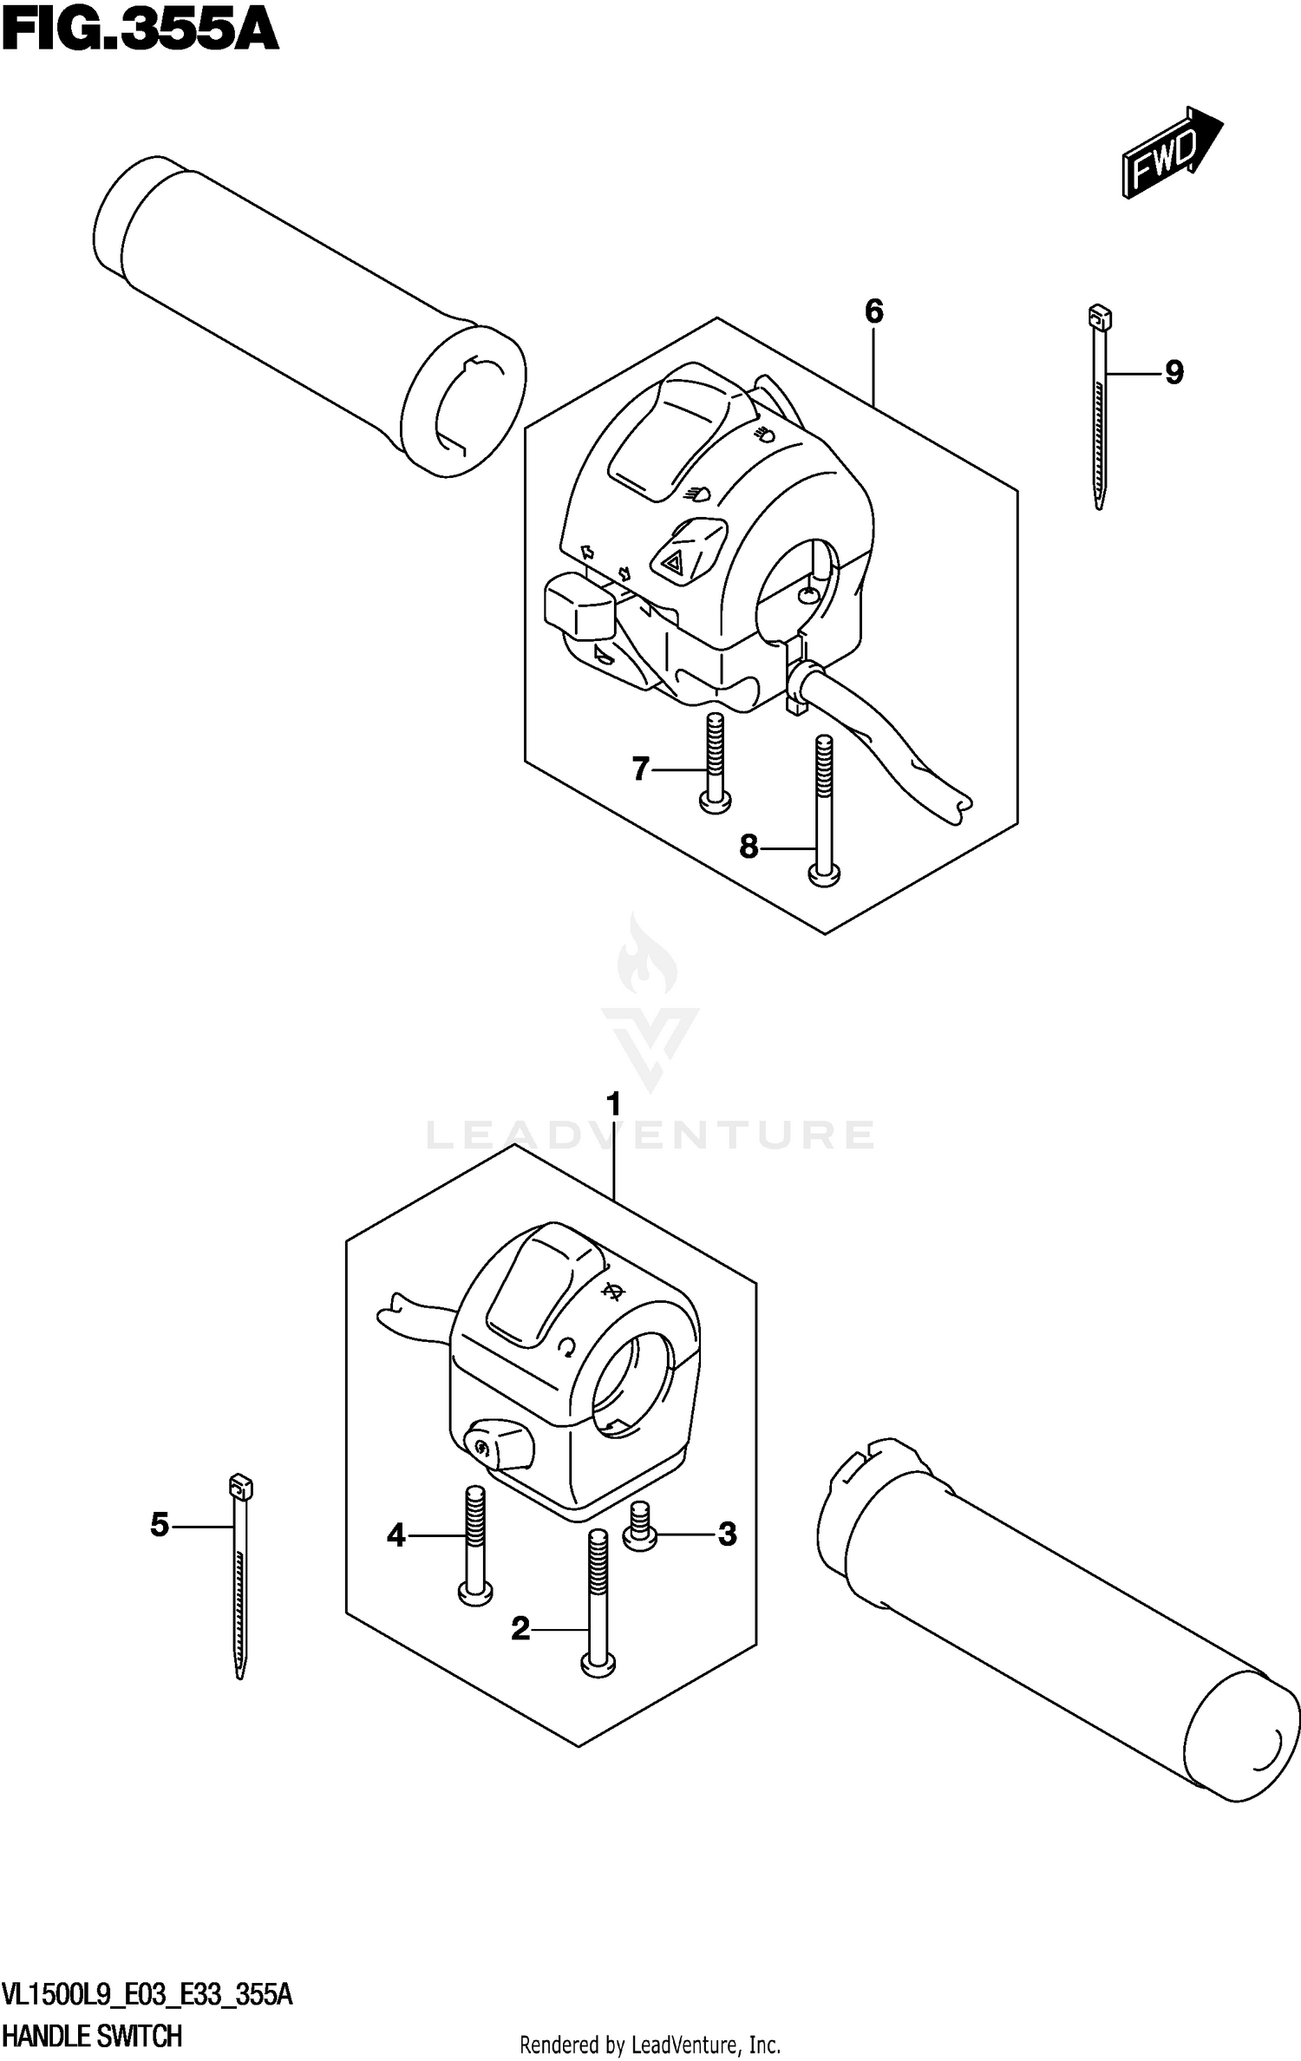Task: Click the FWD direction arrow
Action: click(1171, 153)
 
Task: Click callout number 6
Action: click(873, 311)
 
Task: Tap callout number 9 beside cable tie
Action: click(1173, 373)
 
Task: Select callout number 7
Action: click(640, 769)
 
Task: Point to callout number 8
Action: click(749, 846)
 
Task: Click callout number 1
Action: click(614, 1105)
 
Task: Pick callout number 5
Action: click(159, 1548)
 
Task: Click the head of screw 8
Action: click(824, 877)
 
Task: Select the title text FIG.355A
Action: click(139, 33)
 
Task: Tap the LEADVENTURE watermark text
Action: click(650, 1135)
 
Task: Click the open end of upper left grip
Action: click(467, 401)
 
